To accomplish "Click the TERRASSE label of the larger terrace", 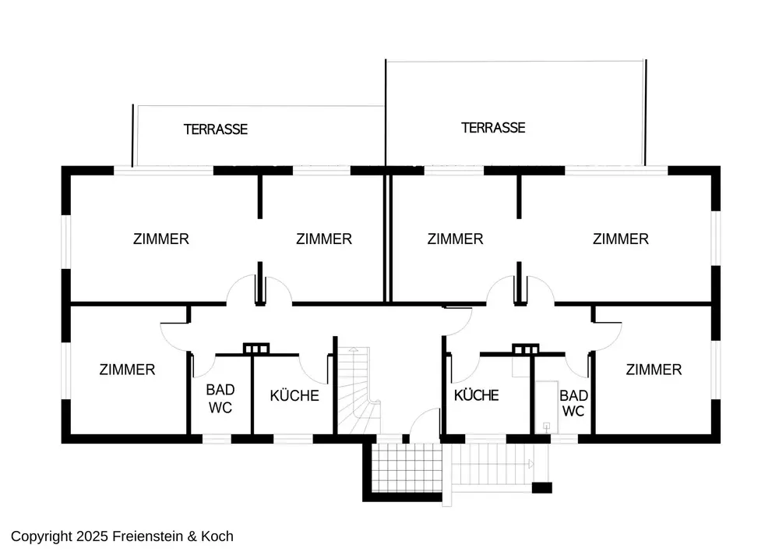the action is click(493, 128).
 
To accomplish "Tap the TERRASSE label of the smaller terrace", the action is click(216, 129).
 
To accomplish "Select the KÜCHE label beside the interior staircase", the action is click(294, 395).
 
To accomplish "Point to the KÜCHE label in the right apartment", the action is click(477, 395).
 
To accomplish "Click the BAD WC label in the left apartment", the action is click(220, 398).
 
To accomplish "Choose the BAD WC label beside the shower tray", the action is click(574, 403).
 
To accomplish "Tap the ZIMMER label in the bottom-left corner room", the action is click(127, 370).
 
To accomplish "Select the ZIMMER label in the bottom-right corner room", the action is click(654, 370).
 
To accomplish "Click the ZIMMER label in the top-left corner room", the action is click(161, 239).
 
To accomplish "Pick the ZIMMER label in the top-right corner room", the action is click(621, 239).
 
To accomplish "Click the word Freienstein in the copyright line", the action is click(147, 536).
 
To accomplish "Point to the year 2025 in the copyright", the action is click(92, 536).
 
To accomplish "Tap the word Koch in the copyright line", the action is click(217, 536).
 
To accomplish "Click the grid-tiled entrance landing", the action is click(407, 468).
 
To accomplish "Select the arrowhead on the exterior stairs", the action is click(531, 464).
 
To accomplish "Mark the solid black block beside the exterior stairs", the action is click(542, 488).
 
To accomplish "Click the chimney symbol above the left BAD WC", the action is click(256, 349).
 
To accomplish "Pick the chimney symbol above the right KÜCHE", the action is click(526, 349).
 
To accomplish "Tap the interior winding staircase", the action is click(358, 391).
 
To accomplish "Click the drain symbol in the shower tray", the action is click(547, 426).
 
